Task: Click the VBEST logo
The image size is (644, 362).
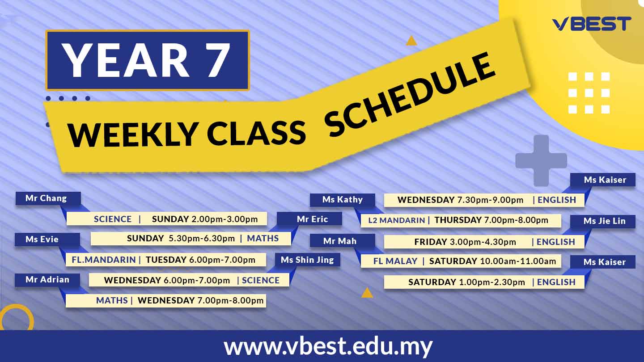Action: pos(591,24)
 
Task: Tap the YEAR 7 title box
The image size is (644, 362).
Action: pos(148,60)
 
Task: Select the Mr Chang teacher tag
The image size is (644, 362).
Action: pos(48,198)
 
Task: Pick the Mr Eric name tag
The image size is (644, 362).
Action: pos(309,219)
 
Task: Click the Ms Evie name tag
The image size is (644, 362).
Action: pos(47,240)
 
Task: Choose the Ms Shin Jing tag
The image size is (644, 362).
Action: pos(307,260)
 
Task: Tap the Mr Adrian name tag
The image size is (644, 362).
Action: pos(47,280)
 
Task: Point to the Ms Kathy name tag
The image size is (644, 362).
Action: pos(343,200)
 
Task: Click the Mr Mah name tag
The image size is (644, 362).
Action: pos(343,241)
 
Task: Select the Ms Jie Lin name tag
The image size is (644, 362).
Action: pos(602,221)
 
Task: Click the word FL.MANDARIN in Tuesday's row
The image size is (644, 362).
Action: pos(103,260)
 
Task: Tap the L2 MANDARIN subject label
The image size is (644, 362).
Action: pos(396,220)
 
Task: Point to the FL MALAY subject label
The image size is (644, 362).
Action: pos(395,261)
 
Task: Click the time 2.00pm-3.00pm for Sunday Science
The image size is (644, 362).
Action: pos(225,219)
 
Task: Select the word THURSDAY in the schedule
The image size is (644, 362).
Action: pos(458,220)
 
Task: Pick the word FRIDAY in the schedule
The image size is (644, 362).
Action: pos(431,242)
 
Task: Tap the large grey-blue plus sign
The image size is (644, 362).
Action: pos(541,160)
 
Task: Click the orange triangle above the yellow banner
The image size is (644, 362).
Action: pos(411,41)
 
